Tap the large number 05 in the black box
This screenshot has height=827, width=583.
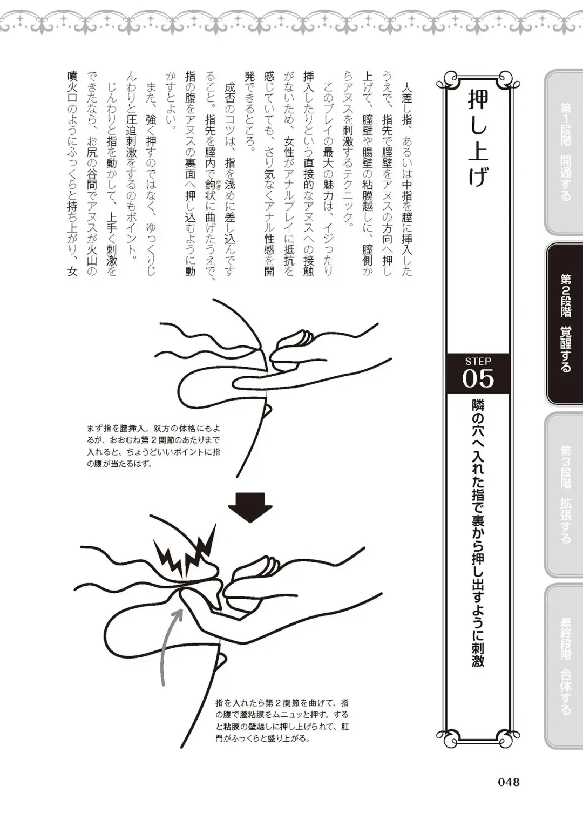click(478, 378)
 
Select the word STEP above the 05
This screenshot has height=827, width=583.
click(478, 361)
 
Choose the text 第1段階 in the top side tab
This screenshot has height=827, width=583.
click(565, 125)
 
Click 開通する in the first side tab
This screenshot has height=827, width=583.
click(565, 178)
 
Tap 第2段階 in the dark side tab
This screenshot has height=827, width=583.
click(565, 295)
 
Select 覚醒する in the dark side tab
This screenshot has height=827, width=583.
click(565, 349)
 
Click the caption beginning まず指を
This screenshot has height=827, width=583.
click(153, 445)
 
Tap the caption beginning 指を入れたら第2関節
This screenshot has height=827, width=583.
click(282, 721)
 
